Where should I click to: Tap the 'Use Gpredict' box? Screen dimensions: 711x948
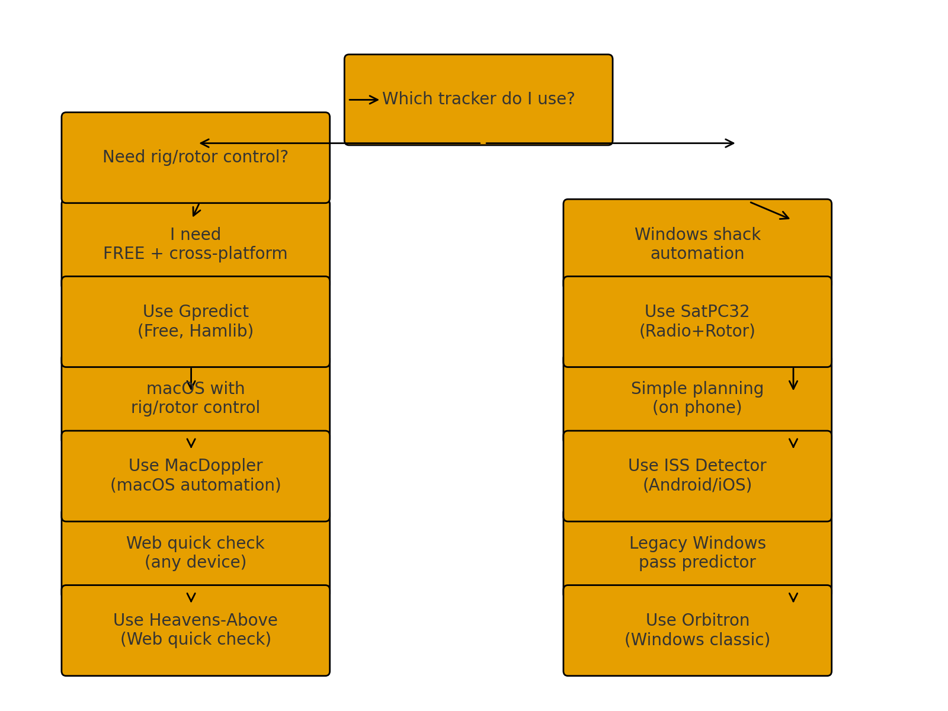click(196, 321)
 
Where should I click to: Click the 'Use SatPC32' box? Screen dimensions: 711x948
click(697, 321)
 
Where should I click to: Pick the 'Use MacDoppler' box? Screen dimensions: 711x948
click(196, 476)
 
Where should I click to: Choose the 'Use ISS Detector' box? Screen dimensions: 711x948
click(697, 476)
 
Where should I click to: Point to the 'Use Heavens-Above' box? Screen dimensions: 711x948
click(196, 630)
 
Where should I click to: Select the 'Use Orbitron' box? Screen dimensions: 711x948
click(697, 630)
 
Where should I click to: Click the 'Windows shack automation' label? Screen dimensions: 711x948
click(697, 244)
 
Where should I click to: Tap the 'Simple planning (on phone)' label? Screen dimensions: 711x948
click(697, 398)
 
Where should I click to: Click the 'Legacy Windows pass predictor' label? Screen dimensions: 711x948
click(697, 552)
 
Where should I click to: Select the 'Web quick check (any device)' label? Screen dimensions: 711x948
click(196, 552)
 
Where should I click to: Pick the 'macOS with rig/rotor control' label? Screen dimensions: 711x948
click(196, 398)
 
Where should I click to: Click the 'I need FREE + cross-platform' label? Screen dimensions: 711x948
click(196, 244)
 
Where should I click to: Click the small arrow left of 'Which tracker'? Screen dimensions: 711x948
click(363, 100)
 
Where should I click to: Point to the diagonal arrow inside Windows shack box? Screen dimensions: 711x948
click(770, 210)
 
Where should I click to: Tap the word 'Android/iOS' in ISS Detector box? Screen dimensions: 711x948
click(697, 485)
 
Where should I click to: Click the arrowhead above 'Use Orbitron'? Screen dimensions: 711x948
click(793, 597)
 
